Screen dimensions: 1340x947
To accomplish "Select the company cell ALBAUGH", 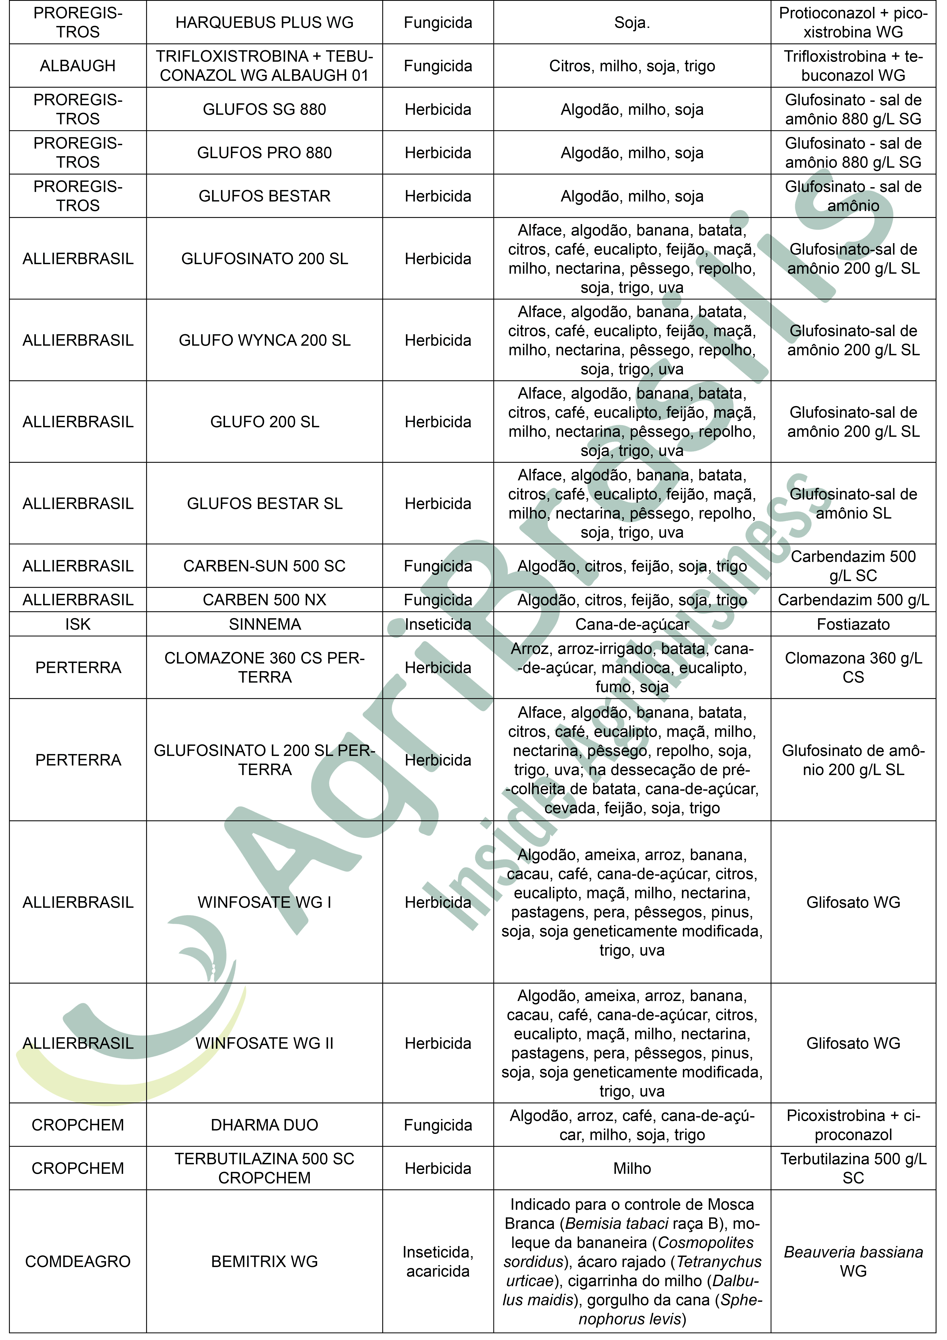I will tap(78, 66).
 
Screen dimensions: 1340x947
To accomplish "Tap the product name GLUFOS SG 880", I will tap(264, 109).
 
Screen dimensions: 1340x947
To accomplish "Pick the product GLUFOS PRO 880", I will tap(264, 153).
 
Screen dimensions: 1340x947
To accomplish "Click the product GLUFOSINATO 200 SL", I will tap(264, 259).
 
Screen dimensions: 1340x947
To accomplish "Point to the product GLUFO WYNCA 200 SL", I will tap(264, 340).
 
